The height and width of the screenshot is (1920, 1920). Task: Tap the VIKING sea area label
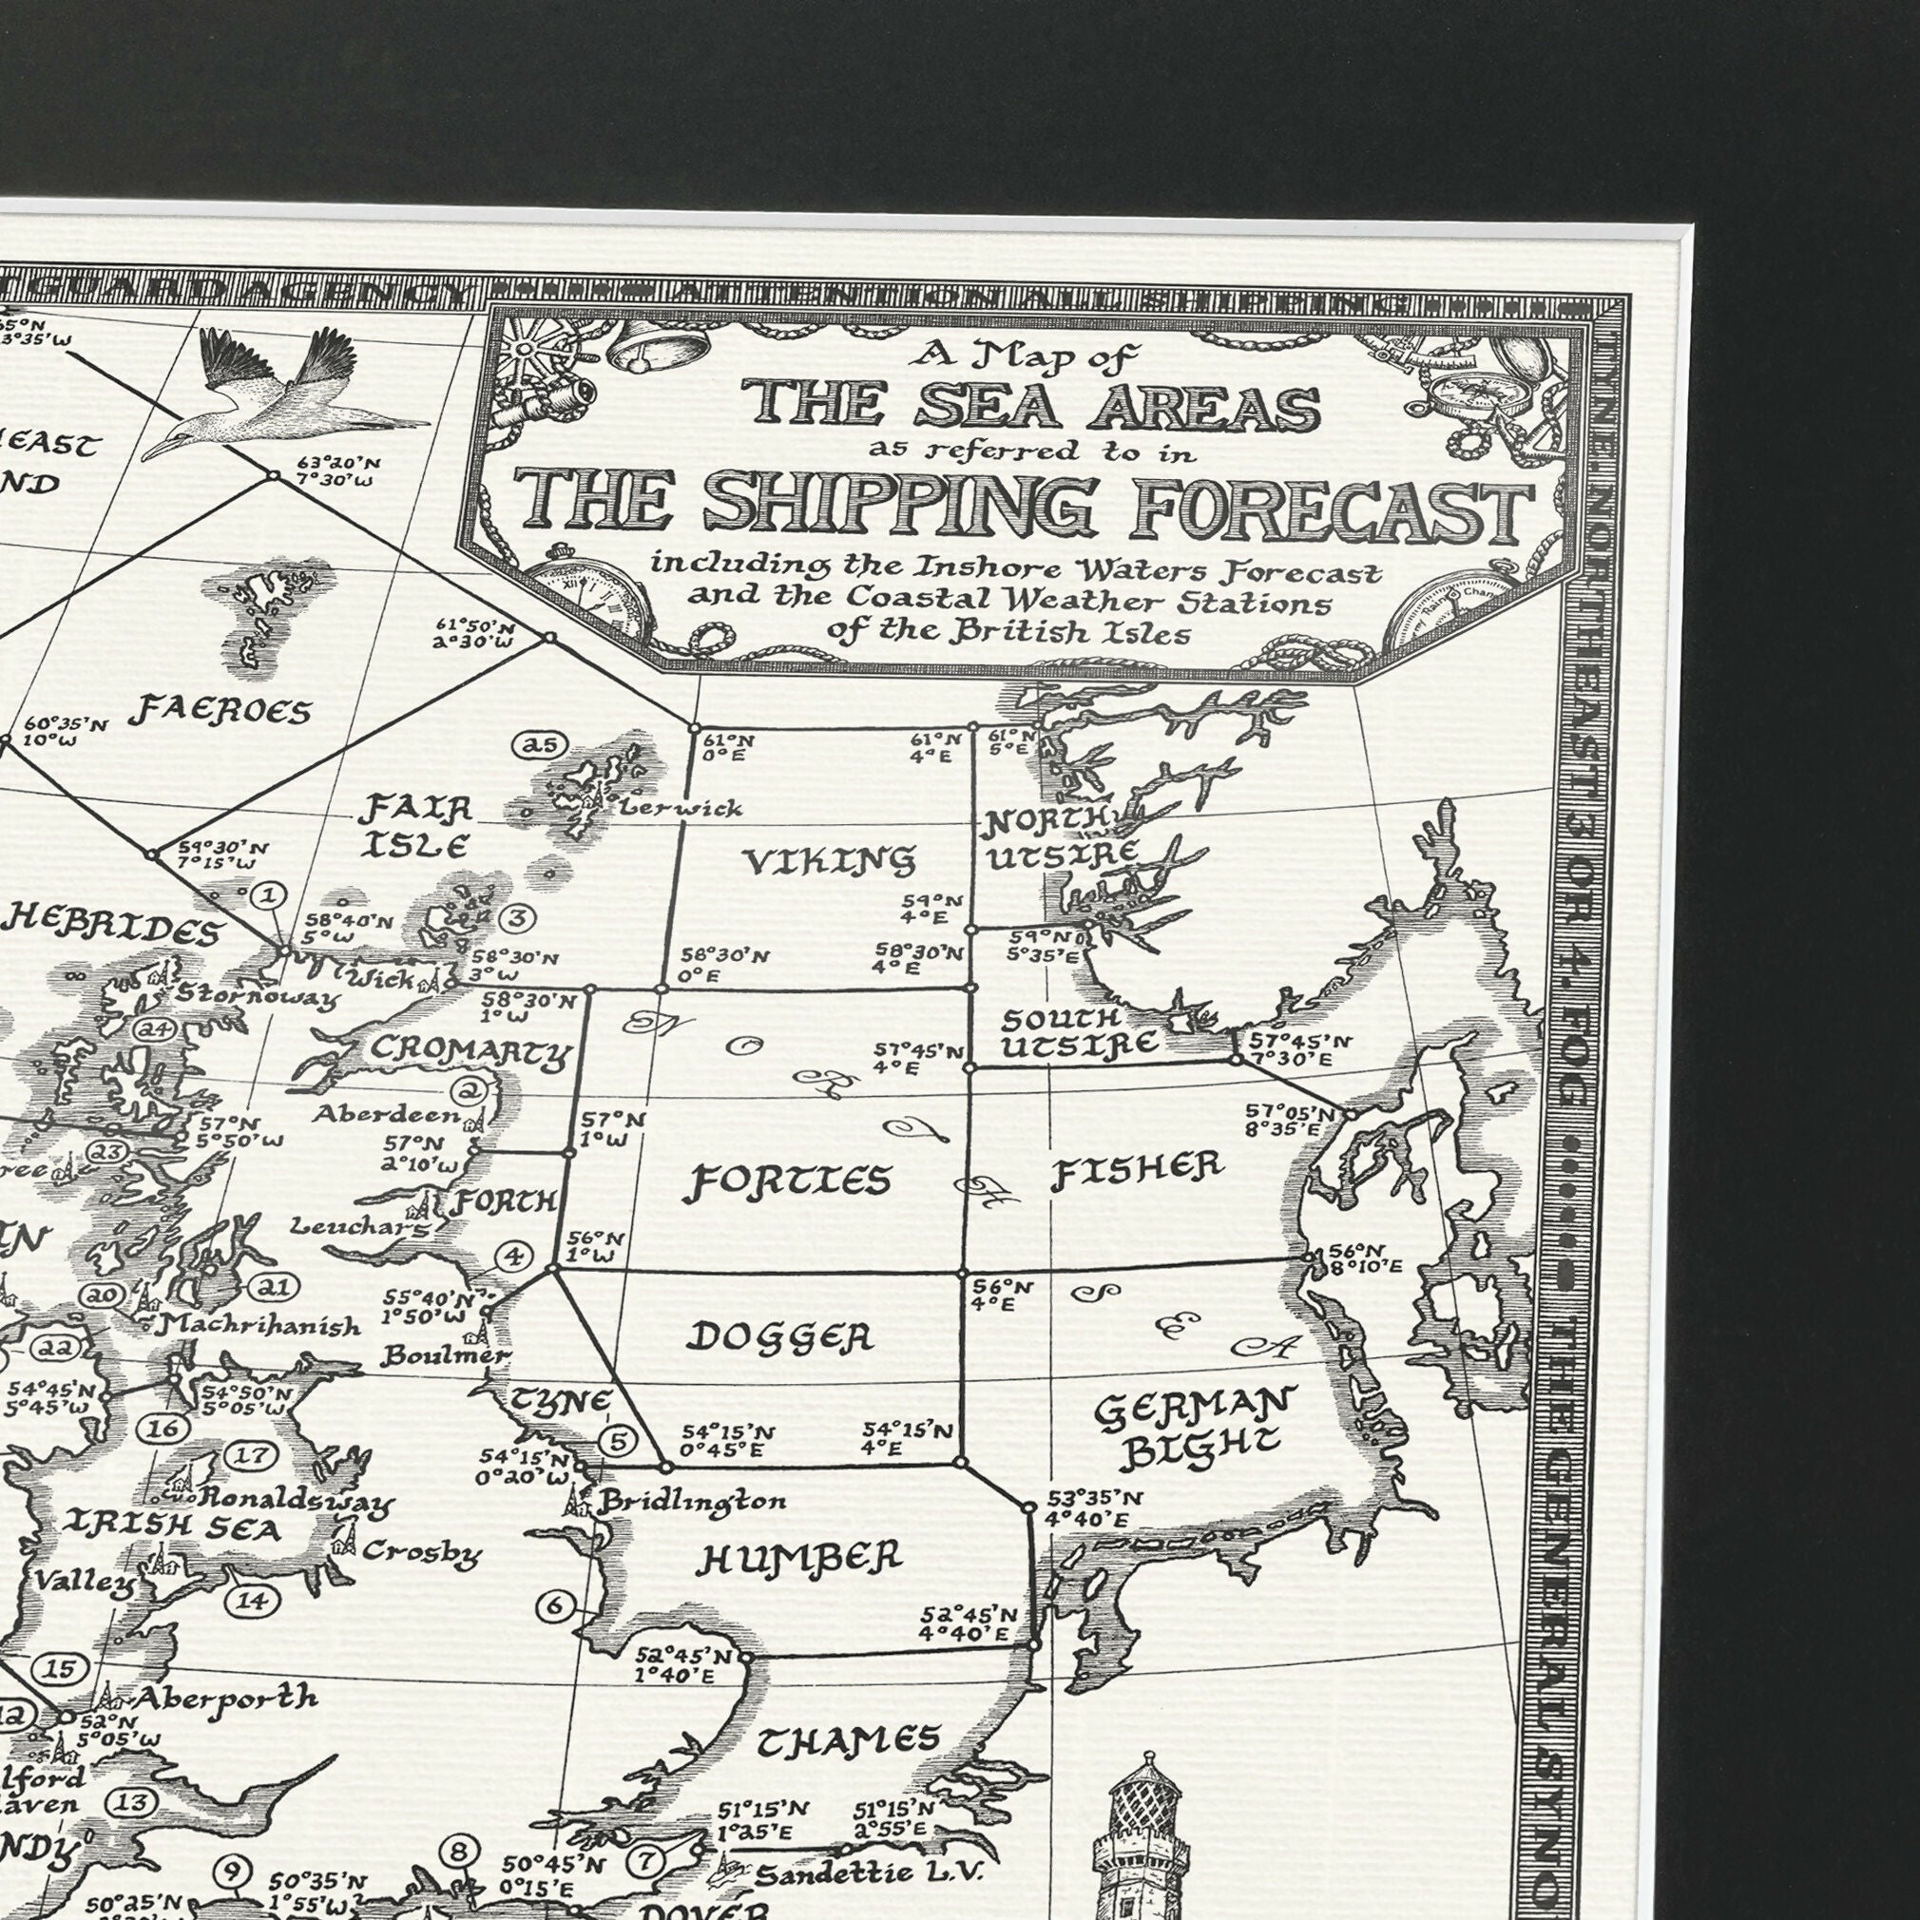tap(830, 859)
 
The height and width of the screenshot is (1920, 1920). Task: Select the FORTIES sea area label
tap(790, 1181)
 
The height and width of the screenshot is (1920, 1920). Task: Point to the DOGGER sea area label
tap(781, 1336)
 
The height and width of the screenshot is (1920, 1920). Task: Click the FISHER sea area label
tap(1135, 1170)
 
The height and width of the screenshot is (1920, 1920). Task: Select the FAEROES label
tap(221, 711)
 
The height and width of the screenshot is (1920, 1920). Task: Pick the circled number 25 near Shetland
tap(538, 744)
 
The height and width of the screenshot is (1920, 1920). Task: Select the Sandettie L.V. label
tap(868, 1873)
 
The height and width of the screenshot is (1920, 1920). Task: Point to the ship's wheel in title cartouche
tap(533, 350)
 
